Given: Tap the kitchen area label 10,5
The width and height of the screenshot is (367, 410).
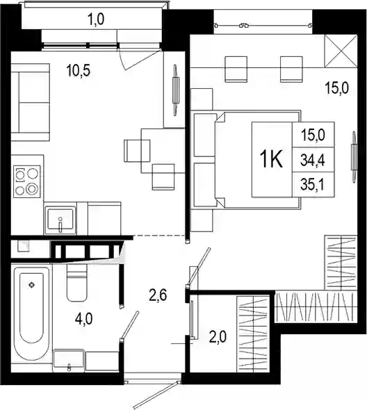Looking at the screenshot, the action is point(79,71).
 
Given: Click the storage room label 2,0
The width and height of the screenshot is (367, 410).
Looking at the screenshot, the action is point(218,337).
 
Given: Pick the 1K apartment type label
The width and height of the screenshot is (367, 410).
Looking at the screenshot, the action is point(271,160).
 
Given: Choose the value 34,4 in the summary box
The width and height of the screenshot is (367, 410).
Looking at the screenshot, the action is point(313,160).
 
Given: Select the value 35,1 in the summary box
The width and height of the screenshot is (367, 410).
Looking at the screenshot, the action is point(313,185).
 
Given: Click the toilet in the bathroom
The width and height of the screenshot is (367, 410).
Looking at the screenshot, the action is point(76,282).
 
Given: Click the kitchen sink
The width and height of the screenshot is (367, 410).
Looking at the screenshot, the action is point(60,220).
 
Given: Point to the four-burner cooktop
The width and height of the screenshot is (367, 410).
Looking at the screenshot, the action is point(27,181).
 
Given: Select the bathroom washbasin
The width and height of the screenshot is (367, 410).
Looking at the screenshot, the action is point(69,361).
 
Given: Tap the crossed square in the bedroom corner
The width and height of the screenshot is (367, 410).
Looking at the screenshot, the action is point(341,51).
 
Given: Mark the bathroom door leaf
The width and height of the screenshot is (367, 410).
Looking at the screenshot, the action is point(129,325).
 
